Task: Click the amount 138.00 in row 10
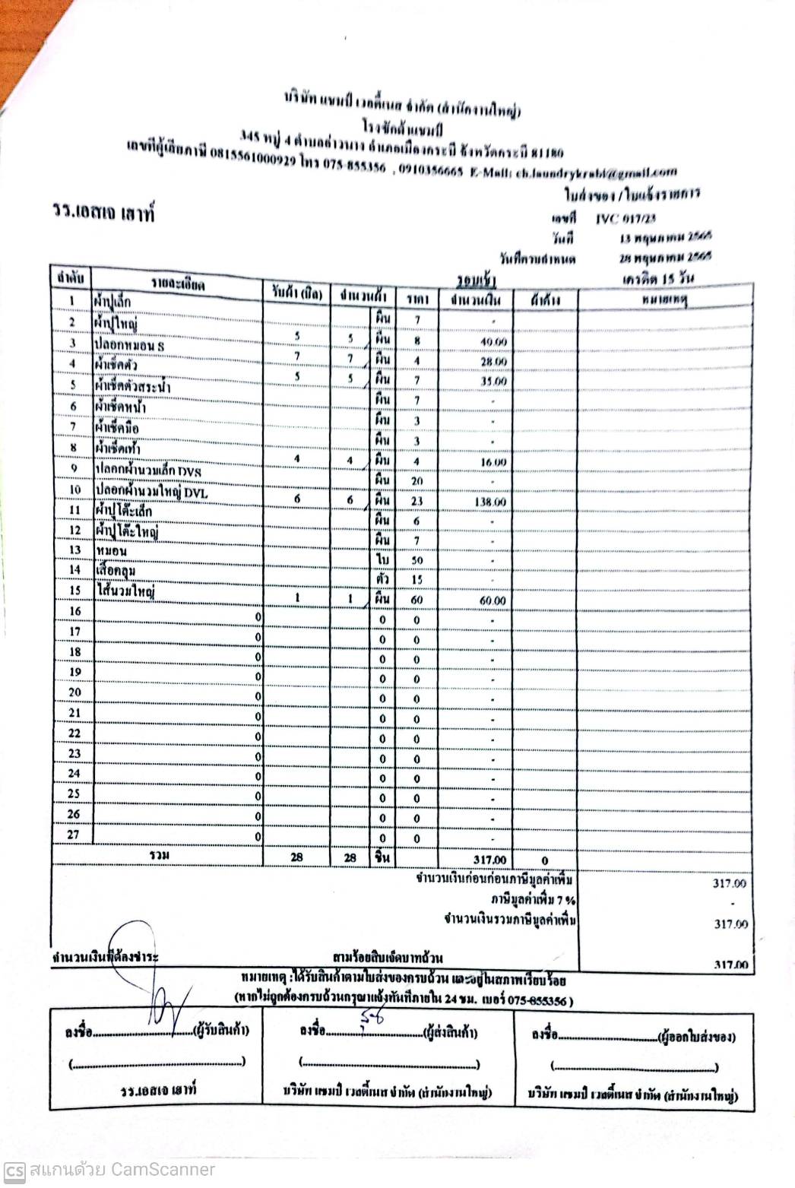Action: [490, 502]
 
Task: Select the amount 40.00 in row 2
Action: [493, 343]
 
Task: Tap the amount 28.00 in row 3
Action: [493, 363]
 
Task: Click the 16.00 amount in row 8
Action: [493, 462]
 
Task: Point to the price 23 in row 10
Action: [417, 502]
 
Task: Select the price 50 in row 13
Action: [417, 561]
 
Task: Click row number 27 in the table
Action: [74, 835]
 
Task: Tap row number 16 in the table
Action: [74, 612]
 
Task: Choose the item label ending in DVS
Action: [148, 471]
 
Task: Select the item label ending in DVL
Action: [151, 493]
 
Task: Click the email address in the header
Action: [596, 173]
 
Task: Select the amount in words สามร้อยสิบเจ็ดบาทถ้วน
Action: [388, 957]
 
